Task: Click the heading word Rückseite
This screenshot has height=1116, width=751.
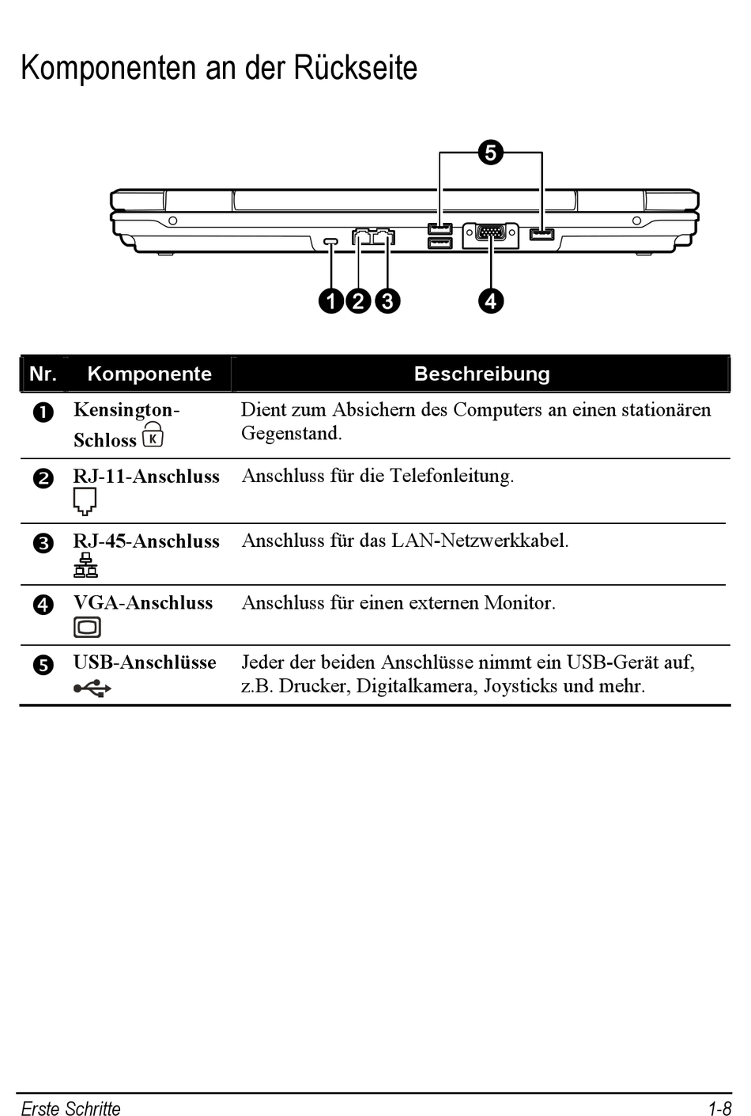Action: point(356,69)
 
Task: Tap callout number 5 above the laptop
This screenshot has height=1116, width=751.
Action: point(490,153)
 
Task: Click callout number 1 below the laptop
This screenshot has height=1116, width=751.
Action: point(331,301)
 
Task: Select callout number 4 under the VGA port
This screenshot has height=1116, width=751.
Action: point(491,301)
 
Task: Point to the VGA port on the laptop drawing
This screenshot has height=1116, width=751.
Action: point(492,234)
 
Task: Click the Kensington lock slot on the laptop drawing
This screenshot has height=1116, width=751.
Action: point(331,240)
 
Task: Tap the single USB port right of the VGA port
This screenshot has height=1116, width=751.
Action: point(542,234)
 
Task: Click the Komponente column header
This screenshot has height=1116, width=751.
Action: point(149,374)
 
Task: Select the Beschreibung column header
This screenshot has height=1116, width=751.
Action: point(481,374)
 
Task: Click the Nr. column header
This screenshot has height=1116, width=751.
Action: point(43,374)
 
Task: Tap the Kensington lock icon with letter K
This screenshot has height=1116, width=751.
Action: point(153,435)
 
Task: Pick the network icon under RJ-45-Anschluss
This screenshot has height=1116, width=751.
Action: point(85,565)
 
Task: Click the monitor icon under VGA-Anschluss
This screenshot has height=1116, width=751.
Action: point(87,628)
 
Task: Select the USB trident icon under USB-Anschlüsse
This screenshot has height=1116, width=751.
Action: point(92,688)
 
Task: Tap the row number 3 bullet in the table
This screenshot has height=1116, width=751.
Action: point(43,543)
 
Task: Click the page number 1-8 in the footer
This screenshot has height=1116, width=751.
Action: point(719,1108)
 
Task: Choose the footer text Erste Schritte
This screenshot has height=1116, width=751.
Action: point(70,1108)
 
